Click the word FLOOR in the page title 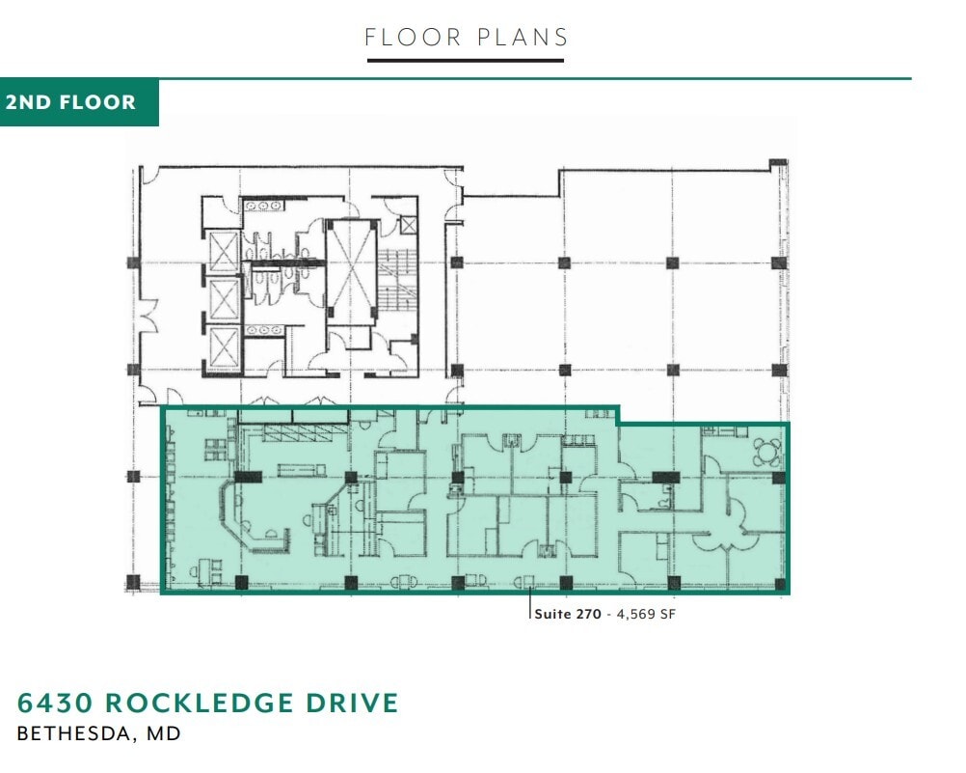tap(413, 38)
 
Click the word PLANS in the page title tap(523, 38)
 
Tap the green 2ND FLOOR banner tap(79, 102)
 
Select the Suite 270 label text tap(568, 614)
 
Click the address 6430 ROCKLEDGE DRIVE tap(207, 703)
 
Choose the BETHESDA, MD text tap(98, 733)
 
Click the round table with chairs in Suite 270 tap(767, 451)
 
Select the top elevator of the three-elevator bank tap(224, 252)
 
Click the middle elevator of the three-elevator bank tap(224, 300)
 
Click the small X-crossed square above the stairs tap(409, 225)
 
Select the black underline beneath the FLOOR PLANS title tap(465, 61)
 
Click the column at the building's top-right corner tap(777, 165)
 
